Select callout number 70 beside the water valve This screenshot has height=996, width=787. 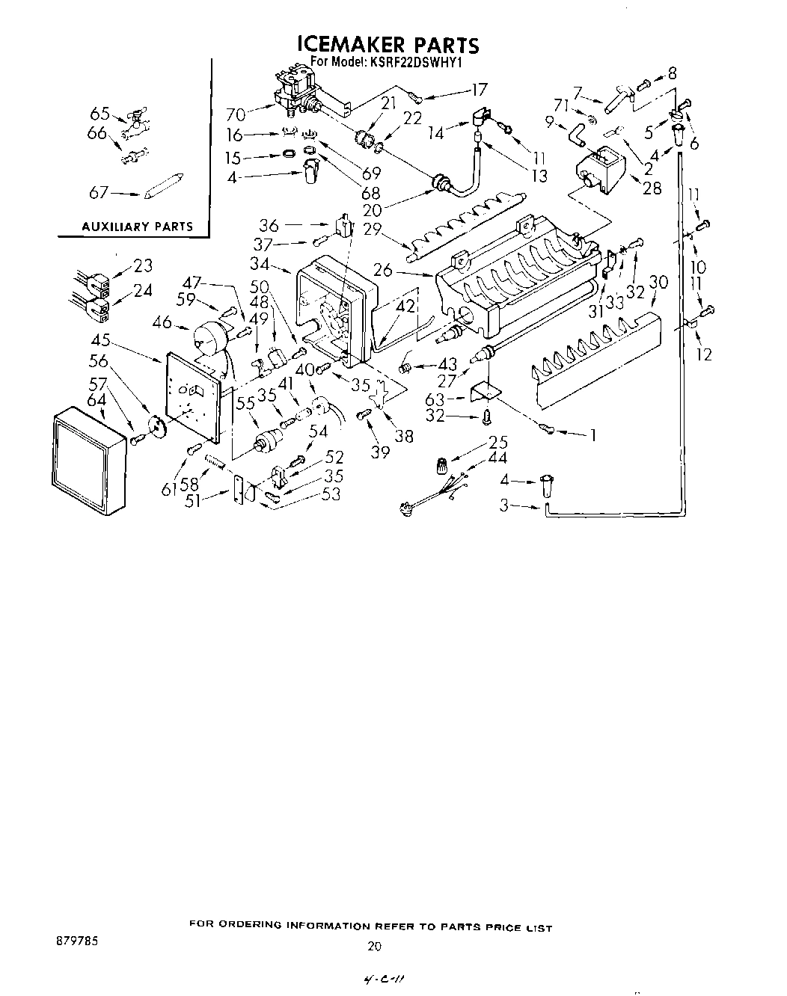coord(236,114)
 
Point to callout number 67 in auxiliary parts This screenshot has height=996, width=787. coord(99,193)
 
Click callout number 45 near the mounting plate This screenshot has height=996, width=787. coord(101,341)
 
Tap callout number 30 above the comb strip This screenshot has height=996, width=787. coord(658,282)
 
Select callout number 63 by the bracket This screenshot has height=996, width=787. coord(447,399)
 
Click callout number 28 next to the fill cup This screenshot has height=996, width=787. coord(652,187)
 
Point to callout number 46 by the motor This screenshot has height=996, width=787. coord(161,323)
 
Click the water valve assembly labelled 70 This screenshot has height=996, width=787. coord(297,93)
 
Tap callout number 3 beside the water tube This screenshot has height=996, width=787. coord(506,505)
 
